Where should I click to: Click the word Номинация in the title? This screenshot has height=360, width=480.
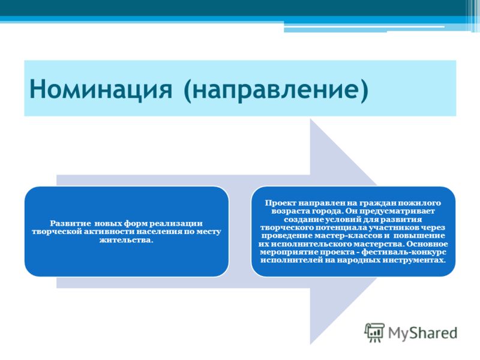101,89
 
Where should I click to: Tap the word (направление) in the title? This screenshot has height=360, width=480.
276,89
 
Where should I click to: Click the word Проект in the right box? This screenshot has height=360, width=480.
281,203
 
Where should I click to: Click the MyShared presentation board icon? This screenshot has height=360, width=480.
374,333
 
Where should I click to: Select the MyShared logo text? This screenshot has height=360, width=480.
423,333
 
